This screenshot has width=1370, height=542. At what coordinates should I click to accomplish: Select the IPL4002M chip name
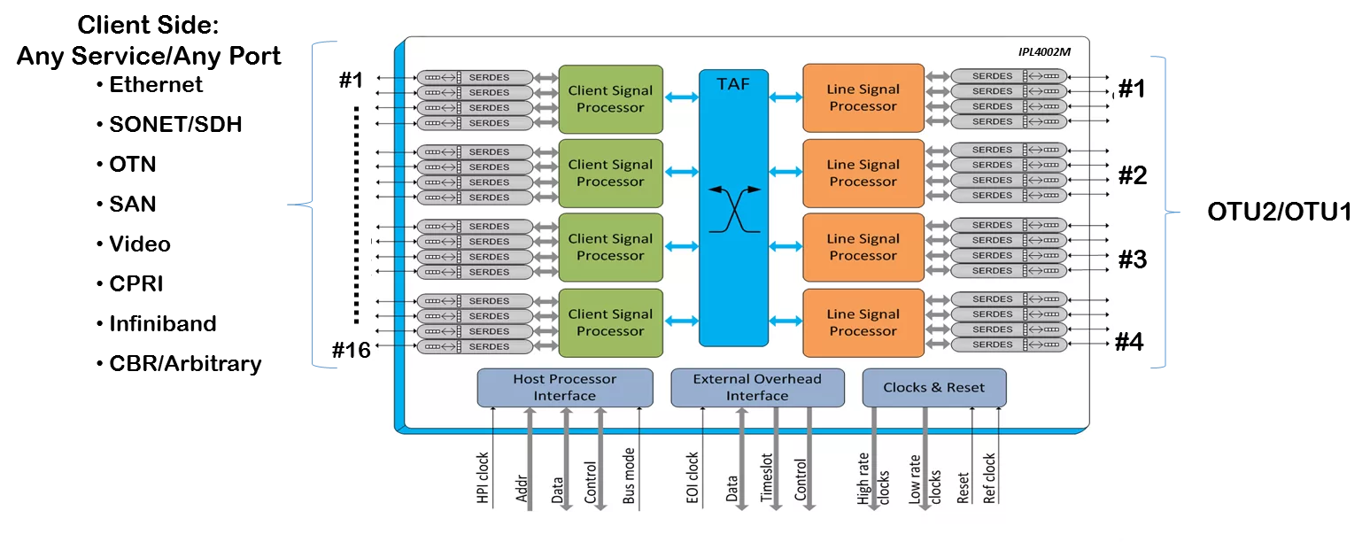1044,52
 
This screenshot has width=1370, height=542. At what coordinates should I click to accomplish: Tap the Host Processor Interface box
564,388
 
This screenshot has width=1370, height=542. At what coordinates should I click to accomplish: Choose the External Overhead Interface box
757,388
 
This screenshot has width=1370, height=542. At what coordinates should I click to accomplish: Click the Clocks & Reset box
934,388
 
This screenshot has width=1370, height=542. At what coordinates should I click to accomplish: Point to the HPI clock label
484,478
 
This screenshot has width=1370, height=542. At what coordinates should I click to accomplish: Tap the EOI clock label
693,478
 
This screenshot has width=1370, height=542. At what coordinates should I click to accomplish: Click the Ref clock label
989,478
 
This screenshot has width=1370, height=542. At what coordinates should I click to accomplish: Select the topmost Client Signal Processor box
610,99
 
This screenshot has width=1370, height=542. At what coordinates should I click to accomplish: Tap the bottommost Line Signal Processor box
863,322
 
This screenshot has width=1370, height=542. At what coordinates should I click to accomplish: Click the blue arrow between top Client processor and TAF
681,97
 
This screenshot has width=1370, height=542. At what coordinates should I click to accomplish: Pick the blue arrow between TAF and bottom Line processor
786,321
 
